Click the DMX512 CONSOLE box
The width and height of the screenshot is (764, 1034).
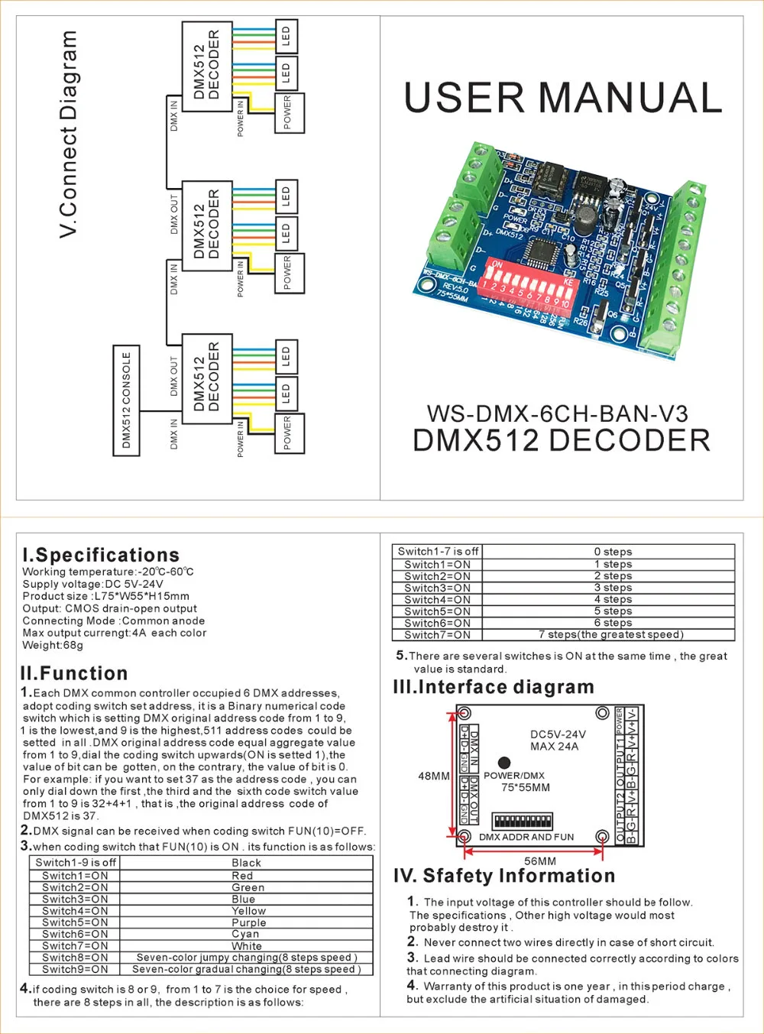click(x=127, y=400)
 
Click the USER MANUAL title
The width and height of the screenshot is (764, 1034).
click(x=563, y=98)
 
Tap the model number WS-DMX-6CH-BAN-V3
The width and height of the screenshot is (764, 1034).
click(x=557, y=414)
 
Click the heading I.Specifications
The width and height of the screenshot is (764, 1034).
click(x=101, y=555)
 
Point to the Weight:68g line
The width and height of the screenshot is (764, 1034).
click(x=53, y=645)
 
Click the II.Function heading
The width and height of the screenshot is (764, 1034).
click(x=74, y=673)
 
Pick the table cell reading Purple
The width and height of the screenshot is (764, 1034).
click(x=248, y=922)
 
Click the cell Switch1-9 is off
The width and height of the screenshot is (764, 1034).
click(x=76, y=863)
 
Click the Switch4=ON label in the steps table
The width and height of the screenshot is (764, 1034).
click(x=437, y=600)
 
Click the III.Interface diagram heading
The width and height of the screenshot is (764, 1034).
click(x=493, y=687)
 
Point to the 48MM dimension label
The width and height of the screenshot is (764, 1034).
click(x=434, y=776)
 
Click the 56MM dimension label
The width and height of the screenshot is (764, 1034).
click(x=540, y=861)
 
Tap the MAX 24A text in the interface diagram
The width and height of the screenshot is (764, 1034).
click(x=554, y=747)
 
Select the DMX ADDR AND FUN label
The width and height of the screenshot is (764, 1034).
click(x=526, y=837)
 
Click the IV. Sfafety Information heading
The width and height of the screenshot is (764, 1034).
click(x=504, y=876)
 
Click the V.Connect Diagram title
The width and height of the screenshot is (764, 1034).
click(x=69, y=134)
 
